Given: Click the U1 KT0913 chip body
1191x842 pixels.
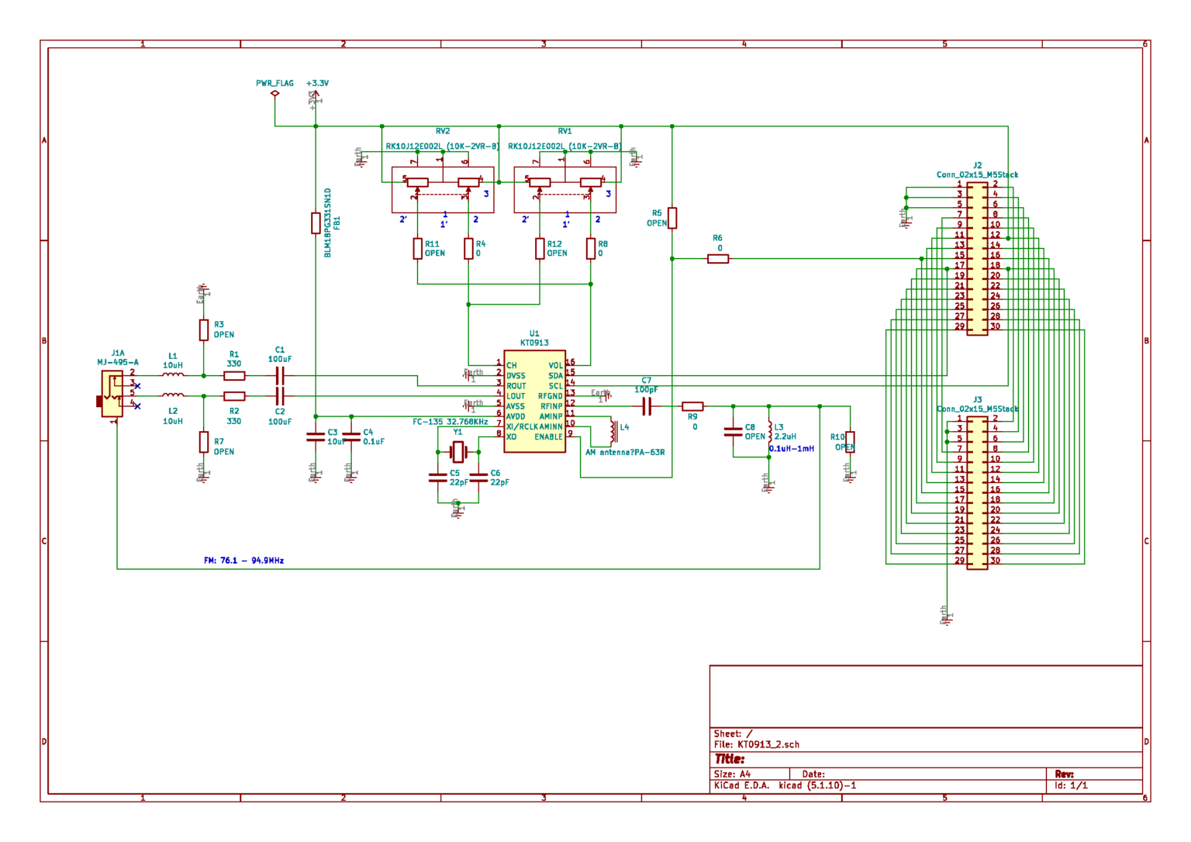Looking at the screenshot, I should pyautogui.click(x=534, y=401).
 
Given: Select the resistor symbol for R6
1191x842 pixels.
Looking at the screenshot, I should pyautogui.click(x=718, y=259).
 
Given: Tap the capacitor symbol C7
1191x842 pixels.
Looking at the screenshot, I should pyautogui.click(x=647, y=406).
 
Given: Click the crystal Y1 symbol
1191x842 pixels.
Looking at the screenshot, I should pyautogui.click(x=458, y=451).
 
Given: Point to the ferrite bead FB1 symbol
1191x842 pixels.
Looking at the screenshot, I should pyautogui.click(x=316, y=223).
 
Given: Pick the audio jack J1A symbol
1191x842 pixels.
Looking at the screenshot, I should pyautogui.click(x=112, y=393).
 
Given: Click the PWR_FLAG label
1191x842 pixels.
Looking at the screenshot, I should pyautogui.click(x=274, y=83).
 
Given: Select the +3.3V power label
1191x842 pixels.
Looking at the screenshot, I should pyautogui.click(x=317, y=83).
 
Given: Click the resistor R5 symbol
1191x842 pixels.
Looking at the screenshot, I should pyautogui.click(x=672, y=218).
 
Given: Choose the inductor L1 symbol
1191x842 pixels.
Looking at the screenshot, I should pyautogui.click(x=173, y=375).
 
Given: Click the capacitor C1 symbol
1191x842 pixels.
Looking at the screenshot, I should pyautogui.click(x=280, y=376).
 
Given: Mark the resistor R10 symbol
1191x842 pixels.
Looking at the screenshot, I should pyautogui.click(x=850, y=442).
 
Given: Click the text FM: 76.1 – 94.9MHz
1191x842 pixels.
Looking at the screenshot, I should pyautogui.click(x=243, y=561).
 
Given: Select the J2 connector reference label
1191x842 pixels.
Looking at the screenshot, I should pyautogui.click(x=977, y=165).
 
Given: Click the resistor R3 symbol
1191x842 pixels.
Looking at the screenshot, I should pyautogui.click(x=203, y=330).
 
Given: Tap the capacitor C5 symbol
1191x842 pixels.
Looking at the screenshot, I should pyautogui.click(x=438, y=478).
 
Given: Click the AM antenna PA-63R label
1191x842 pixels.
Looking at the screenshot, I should pyautogui.click(x=625, y=452).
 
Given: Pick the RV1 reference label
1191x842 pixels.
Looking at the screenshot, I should pyautogui.click(x=564, y=131).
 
